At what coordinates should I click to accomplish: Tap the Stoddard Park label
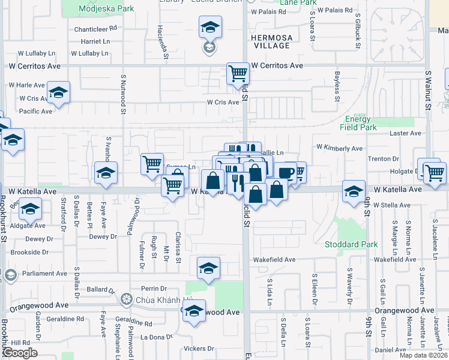click(351, 244)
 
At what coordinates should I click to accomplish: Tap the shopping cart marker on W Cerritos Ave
click(238, 74)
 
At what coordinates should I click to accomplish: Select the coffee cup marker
click(285, 173)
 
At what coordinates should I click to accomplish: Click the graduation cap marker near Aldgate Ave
click(29, 209)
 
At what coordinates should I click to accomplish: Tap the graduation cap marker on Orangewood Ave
click(193, 311)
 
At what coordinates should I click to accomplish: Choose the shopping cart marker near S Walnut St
click(434, 173)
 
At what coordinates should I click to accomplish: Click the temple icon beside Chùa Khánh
click(126, 299)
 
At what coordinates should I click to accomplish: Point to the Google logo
click(19, 353)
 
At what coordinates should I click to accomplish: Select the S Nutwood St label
click(124, 94)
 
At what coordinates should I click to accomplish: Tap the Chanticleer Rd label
click(95, 28)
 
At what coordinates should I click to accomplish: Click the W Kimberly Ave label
click(339, 148)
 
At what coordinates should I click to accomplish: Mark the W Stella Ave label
click(391, 205)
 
